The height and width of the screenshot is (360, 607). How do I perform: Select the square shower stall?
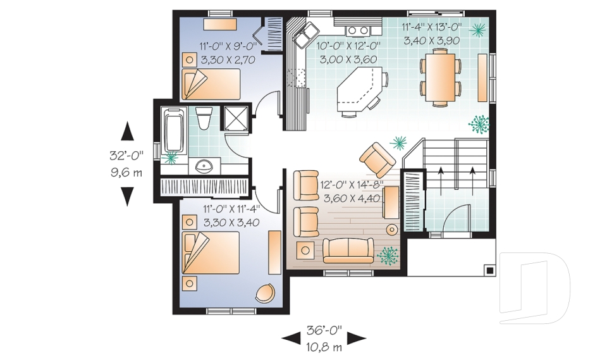pos(237,118)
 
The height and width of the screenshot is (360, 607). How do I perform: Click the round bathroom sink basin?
pos(204,167)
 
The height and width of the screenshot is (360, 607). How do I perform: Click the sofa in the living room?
pos(348,251)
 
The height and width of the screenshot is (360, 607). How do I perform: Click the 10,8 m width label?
pos(324,347)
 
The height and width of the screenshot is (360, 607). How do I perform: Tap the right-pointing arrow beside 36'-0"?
pos(357,338)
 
